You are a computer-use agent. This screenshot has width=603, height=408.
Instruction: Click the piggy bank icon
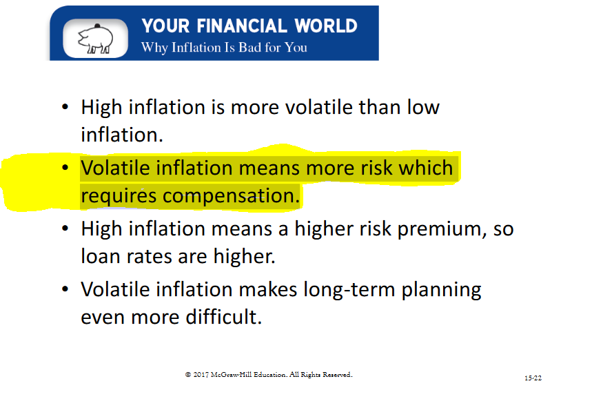[x=95, y=39]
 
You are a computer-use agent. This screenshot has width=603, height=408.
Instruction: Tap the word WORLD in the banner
[x=326, y=26]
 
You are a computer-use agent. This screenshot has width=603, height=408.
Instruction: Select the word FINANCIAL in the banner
[x=242, y=26]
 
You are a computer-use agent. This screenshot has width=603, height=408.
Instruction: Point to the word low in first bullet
[x=423, y=107]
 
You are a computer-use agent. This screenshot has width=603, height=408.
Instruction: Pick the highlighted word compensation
[x=231, y=196]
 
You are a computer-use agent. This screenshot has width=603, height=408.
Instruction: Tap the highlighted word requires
[x=119, y=196]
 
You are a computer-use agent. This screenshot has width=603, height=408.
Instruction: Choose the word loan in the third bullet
[x=101, y=256]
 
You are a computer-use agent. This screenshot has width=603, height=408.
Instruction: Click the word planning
[x=442, y=290]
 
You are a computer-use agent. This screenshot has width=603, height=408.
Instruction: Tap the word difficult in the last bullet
[x=224, y=317]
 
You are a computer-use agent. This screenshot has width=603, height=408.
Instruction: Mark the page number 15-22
[x=533, y=378]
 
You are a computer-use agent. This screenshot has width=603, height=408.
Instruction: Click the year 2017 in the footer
[x=201, y=374]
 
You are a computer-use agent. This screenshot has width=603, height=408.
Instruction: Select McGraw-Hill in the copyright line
[x=231, y=374]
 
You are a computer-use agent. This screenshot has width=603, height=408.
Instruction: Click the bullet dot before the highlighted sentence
[x=65, y=168]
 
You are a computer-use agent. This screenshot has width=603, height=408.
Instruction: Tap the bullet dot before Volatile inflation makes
[x=65, y=289]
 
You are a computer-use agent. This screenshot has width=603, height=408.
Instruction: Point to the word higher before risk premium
[x=324, y=229]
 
